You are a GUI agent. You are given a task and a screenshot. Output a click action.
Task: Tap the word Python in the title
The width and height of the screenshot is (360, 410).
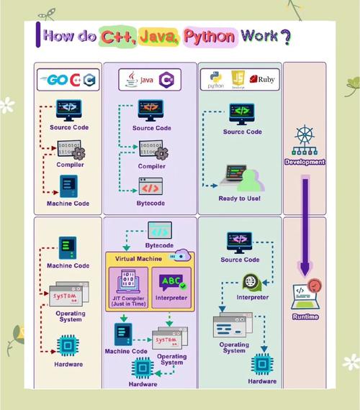(x=210, y=35)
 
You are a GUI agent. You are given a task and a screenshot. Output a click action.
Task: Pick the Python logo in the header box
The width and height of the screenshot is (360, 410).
(x=215, y=78)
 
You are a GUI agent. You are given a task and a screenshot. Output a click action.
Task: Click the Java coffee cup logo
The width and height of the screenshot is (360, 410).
(x=132, y=79)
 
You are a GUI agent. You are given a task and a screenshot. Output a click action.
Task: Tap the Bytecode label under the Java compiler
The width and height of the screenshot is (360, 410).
(x=151, y=204)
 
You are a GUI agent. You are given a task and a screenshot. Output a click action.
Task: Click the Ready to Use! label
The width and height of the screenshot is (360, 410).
(x=240, y=199)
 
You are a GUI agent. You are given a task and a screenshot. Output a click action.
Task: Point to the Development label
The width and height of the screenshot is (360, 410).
(x=305, y=162)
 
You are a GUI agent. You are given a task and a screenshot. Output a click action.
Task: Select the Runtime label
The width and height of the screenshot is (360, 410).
(x=305, y=316)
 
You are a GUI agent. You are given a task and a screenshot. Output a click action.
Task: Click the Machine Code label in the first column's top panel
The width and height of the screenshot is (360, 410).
(x=68, y=204)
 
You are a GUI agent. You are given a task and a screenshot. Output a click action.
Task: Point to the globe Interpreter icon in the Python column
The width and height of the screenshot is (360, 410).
(x=252, y=281)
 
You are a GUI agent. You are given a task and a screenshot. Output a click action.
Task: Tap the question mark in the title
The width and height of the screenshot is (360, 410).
(x=285, y=35)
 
